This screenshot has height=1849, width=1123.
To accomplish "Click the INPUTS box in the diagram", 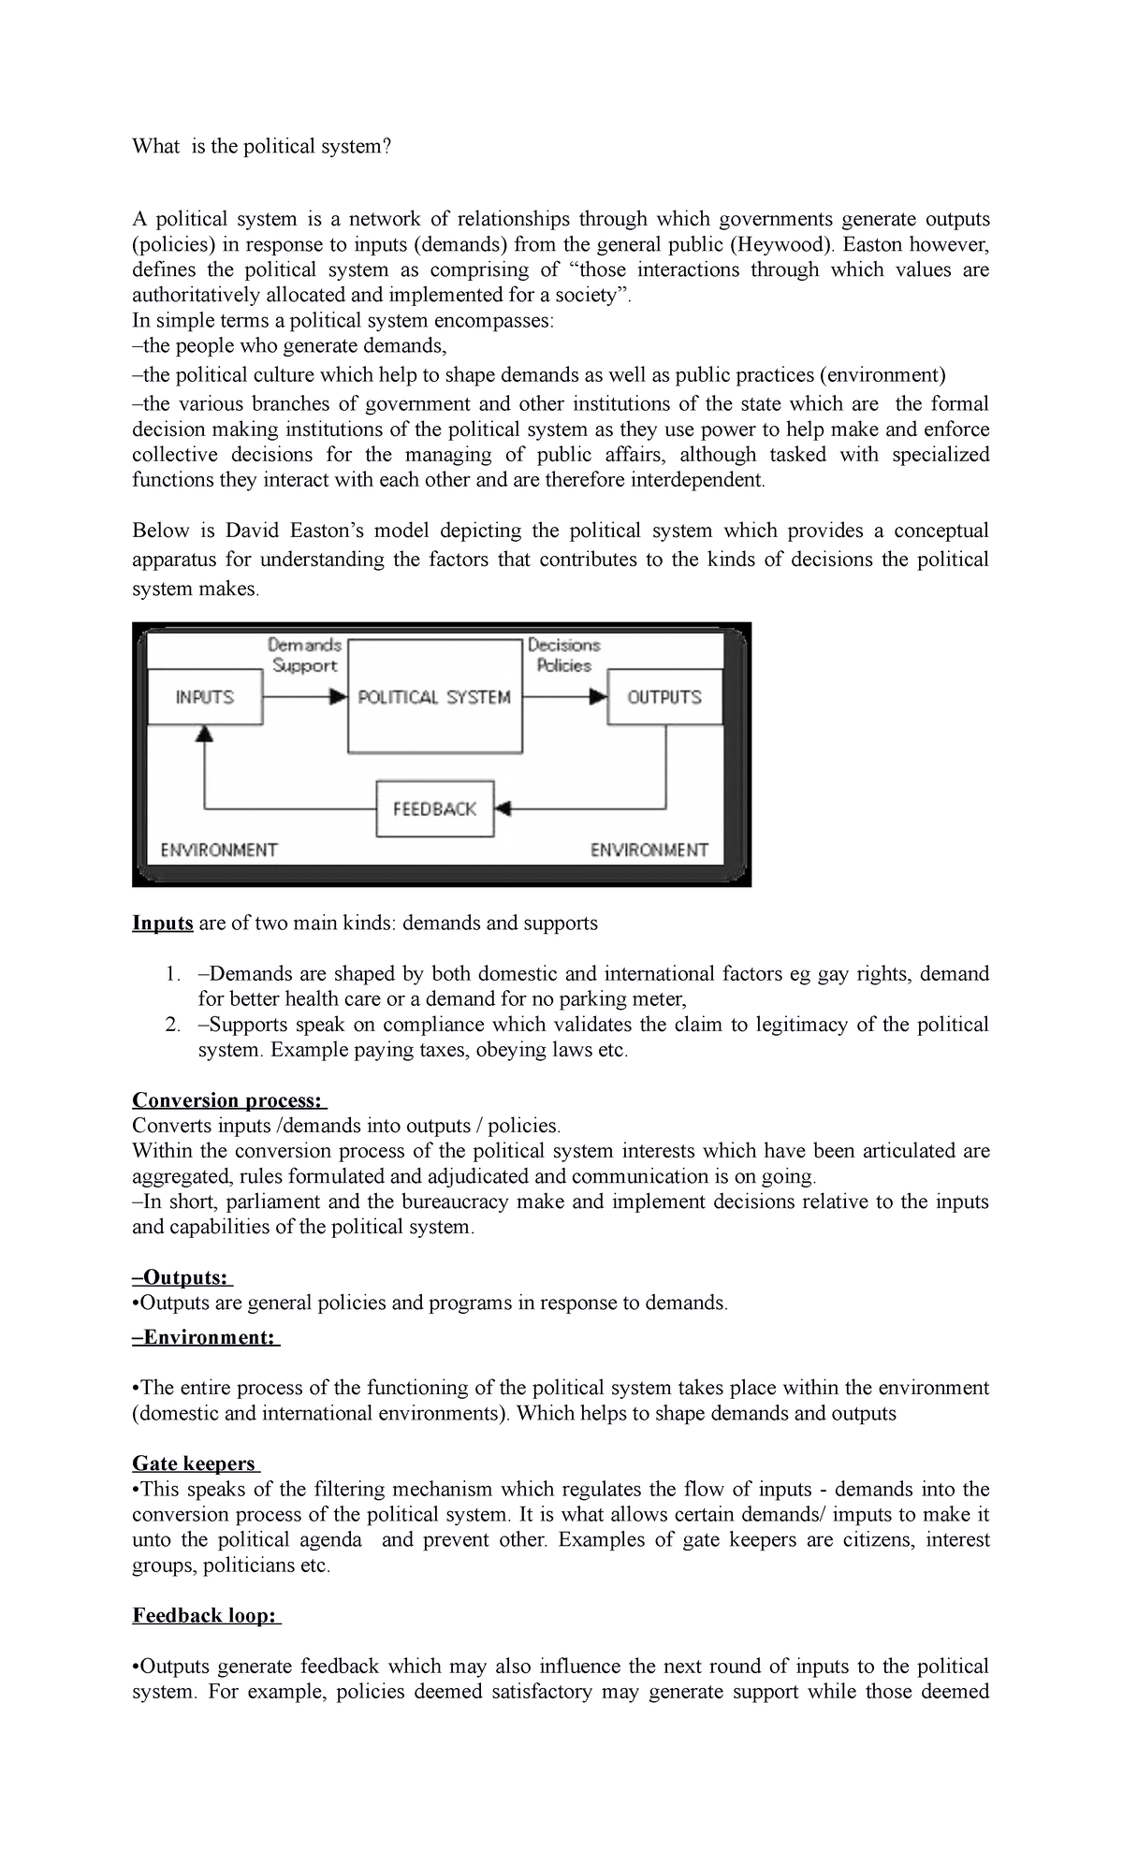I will [205, 696].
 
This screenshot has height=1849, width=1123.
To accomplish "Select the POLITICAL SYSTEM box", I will [434, 696].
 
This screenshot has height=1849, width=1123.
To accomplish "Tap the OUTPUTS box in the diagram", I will [664, 696].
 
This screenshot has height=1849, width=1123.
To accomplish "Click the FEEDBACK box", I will [434, 808].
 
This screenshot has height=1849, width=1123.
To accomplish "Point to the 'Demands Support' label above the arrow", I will [304, 655].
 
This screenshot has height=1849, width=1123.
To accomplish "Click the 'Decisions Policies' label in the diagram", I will [563, 655].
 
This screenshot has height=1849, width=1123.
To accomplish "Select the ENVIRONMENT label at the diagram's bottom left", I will [219, 850].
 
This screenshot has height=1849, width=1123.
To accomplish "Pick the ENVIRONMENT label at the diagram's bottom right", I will [649, 850].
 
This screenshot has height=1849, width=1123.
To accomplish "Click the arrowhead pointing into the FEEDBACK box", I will [503, 808].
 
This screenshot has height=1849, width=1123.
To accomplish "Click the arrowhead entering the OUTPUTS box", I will [598, 696].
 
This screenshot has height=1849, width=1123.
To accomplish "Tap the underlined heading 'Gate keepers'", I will [195, 1463].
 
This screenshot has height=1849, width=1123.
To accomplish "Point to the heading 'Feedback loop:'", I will [205, 1615].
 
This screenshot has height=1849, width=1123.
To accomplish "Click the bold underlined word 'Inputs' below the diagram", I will [163, 923].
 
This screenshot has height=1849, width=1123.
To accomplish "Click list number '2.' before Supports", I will [172, 1025].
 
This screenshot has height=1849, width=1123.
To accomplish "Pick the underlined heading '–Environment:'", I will [205, 1337].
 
